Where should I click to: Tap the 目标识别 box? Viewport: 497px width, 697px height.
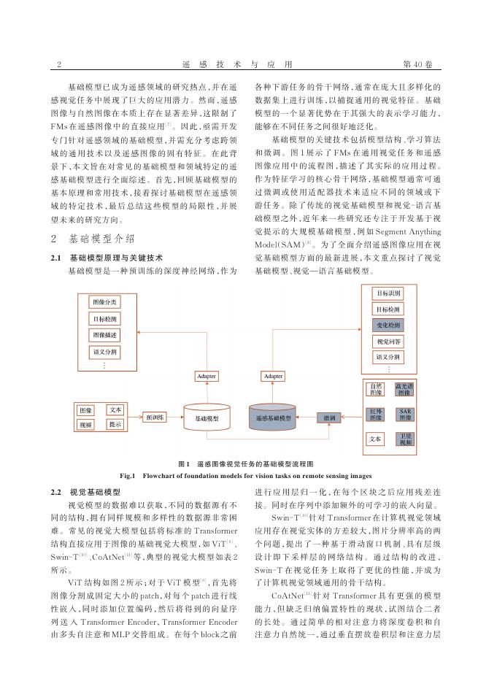coord(388,293)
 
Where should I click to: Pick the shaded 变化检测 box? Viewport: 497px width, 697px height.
coord(388,326)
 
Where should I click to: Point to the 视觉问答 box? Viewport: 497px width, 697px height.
coord(388,342)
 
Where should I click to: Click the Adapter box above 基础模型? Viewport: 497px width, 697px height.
coord(207,376)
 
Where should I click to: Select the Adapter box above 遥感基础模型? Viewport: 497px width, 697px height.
coord(274,376)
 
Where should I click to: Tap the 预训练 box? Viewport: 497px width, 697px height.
coord(155,417)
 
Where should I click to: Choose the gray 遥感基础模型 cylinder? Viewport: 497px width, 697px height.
coord(274,418)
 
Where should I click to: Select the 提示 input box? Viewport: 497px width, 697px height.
coord(115,424)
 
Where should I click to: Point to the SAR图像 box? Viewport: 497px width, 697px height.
coord(406,414)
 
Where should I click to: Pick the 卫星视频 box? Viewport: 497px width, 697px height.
coord(406,439)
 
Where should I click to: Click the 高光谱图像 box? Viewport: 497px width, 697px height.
coord(406,389)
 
